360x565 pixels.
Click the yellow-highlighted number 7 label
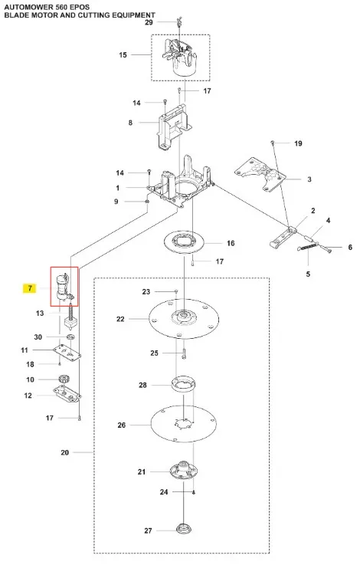coord(30,288)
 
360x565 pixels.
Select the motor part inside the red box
coord(64,287)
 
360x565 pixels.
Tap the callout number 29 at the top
coord(149,22)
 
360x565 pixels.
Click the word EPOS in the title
coord(79,7)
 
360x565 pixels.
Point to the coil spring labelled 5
coord(309,248)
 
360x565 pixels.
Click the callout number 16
coord(231,243)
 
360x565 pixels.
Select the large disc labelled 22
coord(184,318)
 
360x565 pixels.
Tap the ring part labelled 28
coord(184,384)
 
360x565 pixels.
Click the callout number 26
coord(122,425)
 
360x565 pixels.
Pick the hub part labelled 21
coord(184,470)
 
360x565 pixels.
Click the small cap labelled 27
coord(184,528)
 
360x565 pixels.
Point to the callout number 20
coord(65,452)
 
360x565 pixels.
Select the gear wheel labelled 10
coord(64,379)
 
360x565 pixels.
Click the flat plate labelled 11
coord(67,353)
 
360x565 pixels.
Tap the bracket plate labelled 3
coord(260,174)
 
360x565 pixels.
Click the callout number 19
coord(298,143)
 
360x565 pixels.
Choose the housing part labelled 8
coord(174,126)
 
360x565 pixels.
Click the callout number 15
coord(123,54)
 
